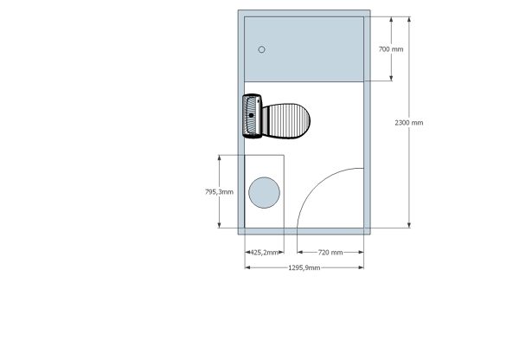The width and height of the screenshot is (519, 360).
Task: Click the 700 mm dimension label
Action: click(x=391, y=49)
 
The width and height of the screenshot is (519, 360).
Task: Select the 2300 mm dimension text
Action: click(x=409, y=123)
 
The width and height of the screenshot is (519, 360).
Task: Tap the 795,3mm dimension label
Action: click(x=219, y=192)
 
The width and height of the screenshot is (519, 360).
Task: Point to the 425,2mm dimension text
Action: click(x=264, y=253)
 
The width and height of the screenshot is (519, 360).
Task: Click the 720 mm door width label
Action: click(x=330, y=253)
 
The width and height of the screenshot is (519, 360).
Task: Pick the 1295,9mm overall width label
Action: click(x=304, y=267)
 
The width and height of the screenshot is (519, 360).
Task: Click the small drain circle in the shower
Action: click(x=261, y=49)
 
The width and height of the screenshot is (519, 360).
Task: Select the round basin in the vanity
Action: click(x=264, y=193)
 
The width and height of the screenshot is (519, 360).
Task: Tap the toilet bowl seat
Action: click(x=286, y=121)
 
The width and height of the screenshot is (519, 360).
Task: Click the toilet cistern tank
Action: click(x=253, y=116)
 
